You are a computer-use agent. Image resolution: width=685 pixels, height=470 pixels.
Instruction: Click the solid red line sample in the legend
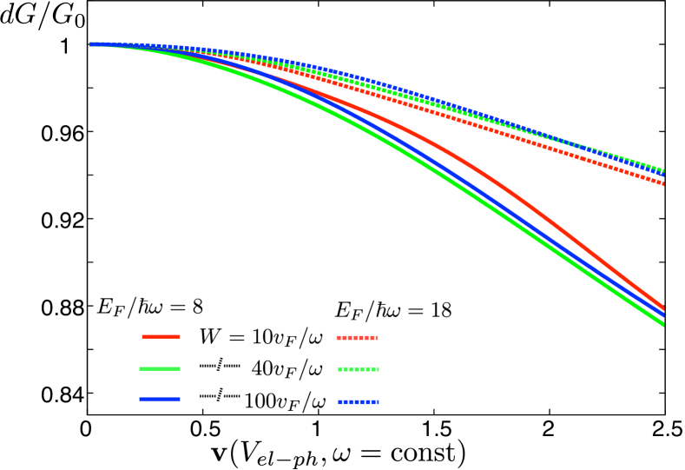(161, 336)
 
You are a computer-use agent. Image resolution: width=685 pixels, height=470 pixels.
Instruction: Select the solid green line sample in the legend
(160, 369)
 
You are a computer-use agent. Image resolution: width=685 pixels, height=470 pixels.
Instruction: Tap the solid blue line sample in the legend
(160, 400)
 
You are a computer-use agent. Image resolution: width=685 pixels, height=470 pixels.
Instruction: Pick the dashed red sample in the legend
(357, 338)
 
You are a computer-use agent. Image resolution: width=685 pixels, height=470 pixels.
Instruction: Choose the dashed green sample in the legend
(358, 369)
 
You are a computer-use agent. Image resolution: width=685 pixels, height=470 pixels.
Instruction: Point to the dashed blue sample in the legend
(358, 402)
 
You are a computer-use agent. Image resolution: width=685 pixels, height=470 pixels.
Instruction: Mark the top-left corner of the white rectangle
(95, 345)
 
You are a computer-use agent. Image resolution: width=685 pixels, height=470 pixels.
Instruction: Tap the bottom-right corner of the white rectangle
(190, 414)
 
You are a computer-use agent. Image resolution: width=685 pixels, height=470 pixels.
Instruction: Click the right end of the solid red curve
(663, 308)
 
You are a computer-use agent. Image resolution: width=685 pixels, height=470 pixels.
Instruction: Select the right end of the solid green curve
(663, 324)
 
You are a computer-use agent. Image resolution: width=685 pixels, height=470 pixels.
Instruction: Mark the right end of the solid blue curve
(663, 315)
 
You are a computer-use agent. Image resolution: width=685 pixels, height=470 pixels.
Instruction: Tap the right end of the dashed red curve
(663, 183)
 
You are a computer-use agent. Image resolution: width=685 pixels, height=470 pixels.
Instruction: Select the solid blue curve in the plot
(486, 197)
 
